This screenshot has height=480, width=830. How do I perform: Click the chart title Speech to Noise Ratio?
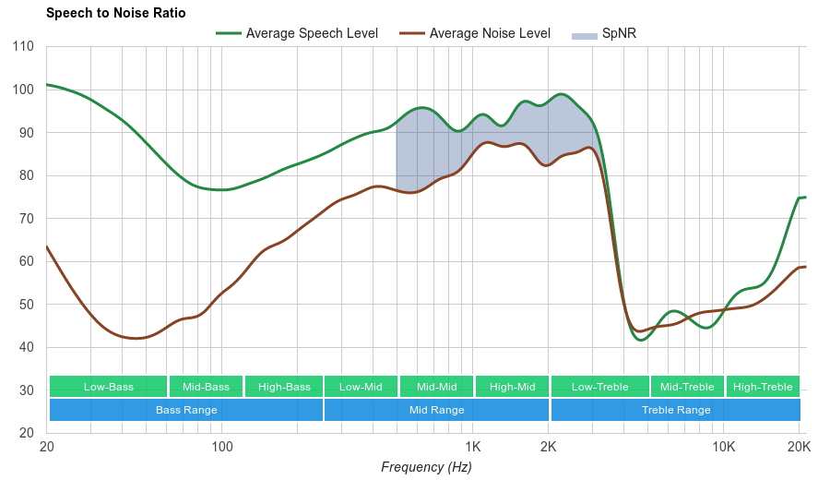pyautogui.click(x=115, y=13)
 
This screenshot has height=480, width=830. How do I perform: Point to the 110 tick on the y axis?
pyautogui.click(x=24, y=46)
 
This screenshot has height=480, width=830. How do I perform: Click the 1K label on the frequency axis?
pyautogui.click(x=473, y=448)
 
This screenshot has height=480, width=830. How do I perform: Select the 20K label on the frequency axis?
pyautogui.click(x=799, y=448)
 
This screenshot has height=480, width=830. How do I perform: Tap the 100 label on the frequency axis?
pyautogui.click(x=222, y=448)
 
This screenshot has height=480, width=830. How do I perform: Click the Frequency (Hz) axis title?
pyautogui.click(x=426, y=467)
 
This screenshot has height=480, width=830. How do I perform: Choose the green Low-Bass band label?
pyautogui.click(x=109, y=387)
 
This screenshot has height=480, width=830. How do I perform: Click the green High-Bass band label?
pyautogui.click(x=284, y=387)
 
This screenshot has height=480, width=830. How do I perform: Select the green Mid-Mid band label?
pyautogui.click(x=436, y=387)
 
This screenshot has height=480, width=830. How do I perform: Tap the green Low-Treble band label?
pyautogui.click(x=599, y=387)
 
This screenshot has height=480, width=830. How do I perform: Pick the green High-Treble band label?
pyautogui.click(x=763, y=387)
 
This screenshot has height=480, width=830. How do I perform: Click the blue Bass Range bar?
pyautogui.click(x=186, y=410)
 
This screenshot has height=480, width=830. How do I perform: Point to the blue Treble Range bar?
pyautogui.click(x=676, y=410)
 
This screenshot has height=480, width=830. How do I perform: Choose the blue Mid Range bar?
pyautogui.click(x=436, y=410)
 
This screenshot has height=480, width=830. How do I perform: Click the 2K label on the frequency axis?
pyautogui.click(x=549, y=448)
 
